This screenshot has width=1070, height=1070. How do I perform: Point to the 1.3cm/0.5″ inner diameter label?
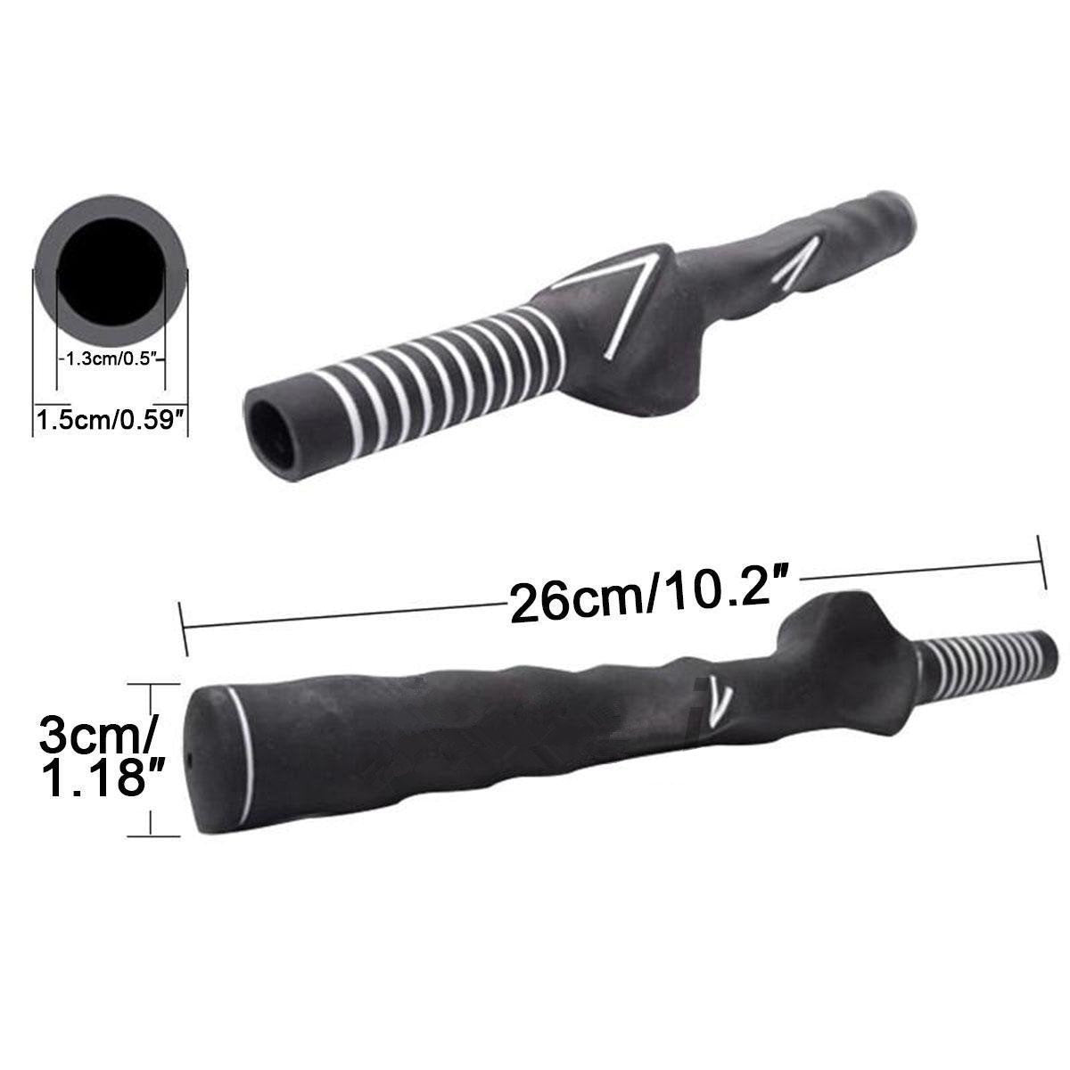click(x=111, y=358)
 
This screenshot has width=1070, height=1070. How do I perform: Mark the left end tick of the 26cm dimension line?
click(x=183, y=628)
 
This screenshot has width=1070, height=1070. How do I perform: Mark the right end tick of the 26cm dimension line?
click(x=1041, y=562)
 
